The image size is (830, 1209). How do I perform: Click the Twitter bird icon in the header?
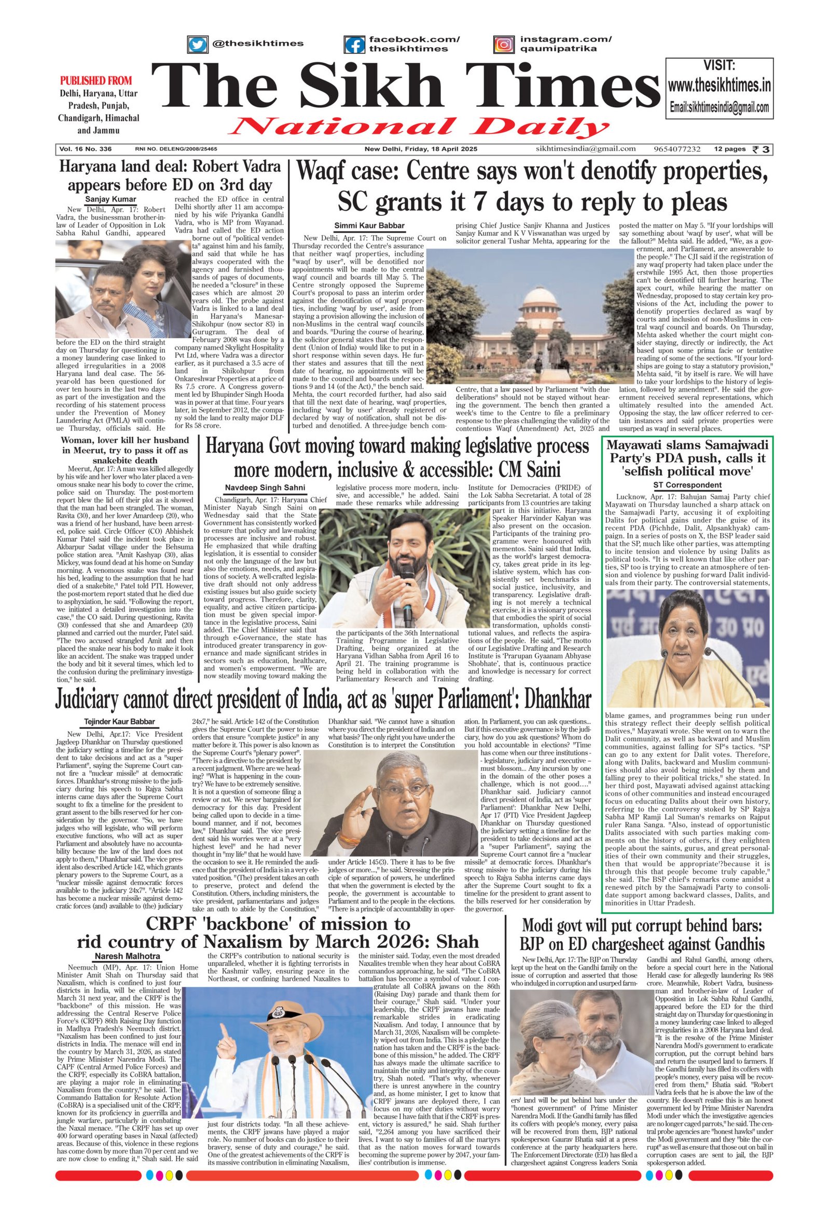click(x=197, y=44)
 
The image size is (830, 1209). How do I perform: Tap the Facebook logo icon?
click(x=354, y=44)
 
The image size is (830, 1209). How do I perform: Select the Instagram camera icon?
click(x=503, y=44)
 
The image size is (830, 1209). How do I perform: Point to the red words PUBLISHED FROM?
click(x=95, y=80)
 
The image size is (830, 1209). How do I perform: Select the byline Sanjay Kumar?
click(x=111, y=199)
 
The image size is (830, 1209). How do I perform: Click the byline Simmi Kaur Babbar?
click(x=369, y=225)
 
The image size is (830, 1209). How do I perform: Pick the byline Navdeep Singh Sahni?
click(x=265, y=487)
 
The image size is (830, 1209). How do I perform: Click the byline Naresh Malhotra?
click(x=128, y=956)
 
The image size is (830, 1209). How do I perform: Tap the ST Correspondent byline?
click(x=687, y=485)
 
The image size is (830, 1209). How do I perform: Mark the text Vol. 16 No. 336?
click(x=85, y=149)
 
